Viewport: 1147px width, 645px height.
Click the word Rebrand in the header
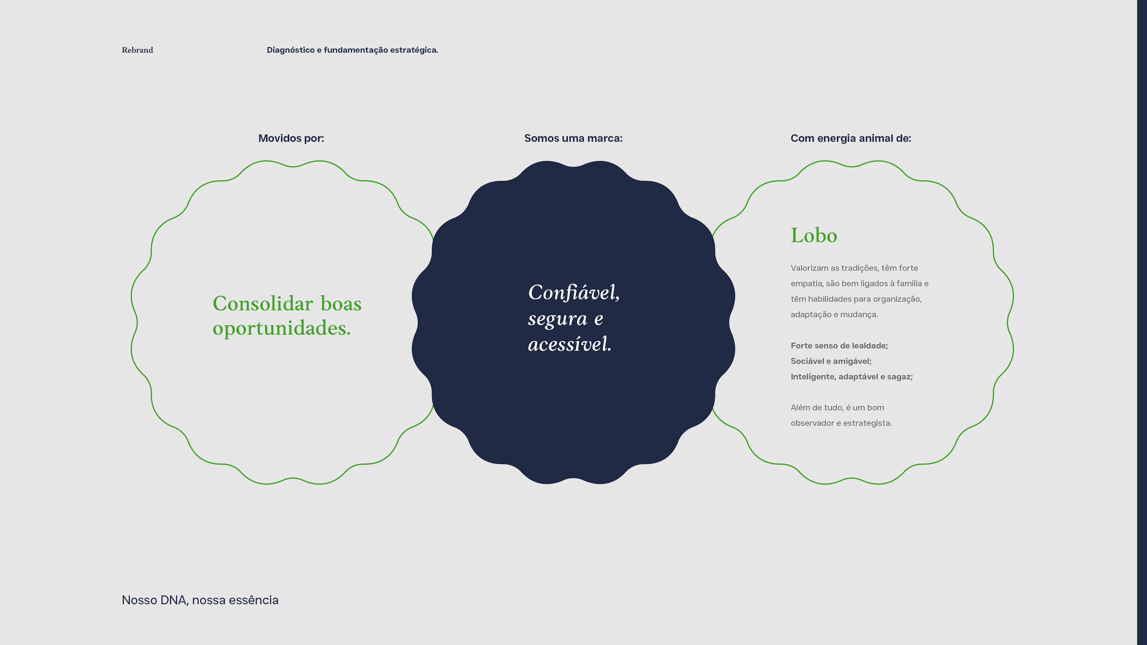tap(137, 50)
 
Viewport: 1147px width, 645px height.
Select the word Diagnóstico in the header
tap(290, 50)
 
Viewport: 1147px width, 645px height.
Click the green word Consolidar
tap(263, 304)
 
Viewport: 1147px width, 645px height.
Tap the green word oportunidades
tap(281, 328)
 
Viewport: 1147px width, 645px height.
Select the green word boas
tap(341, 304)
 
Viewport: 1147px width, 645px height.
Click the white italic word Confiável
tap(573, 292)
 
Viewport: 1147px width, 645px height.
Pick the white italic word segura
tap(557, 319)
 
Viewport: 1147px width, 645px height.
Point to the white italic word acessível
tap(570, 344)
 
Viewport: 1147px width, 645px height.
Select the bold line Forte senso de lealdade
tap(839, 345)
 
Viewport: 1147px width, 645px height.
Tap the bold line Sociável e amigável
tap(831, 361)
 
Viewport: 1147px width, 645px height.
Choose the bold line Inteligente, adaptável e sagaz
tap(851, 377)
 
